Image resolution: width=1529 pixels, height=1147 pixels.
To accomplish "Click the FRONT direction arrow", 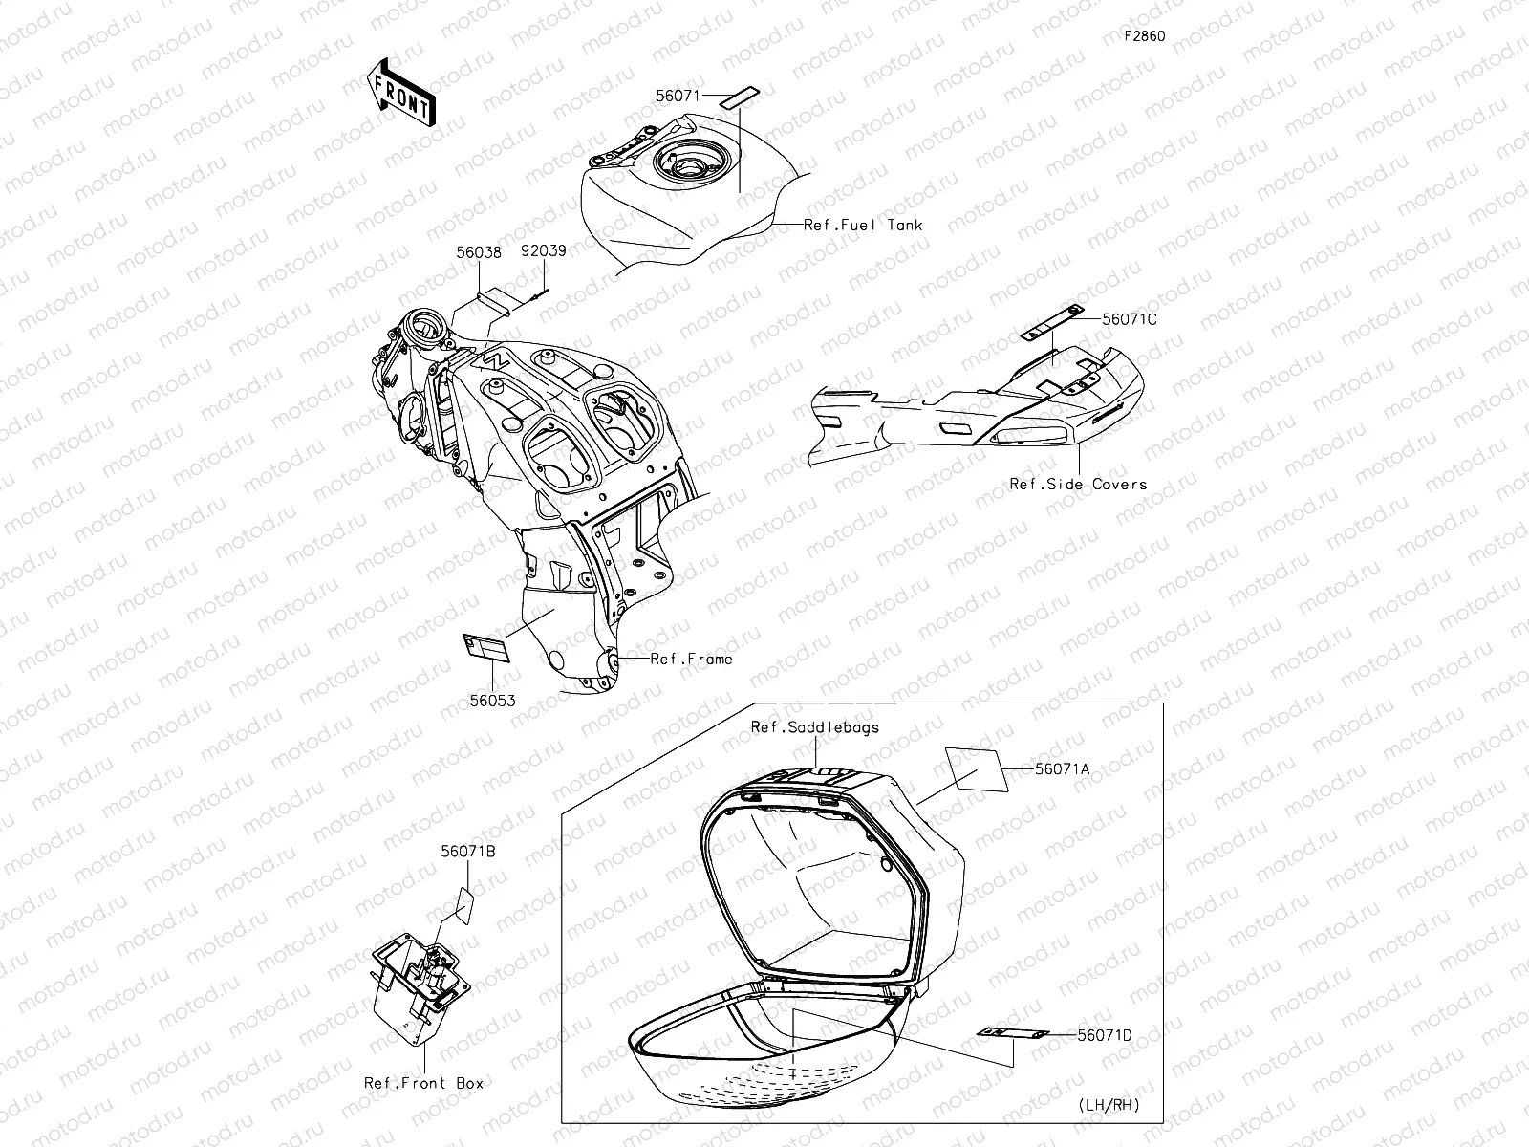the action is pyautogui.click(x=401, y=93).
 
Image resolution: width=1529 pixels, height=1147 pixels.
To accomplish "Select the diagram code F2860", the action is pyautogui.click(x=1145, y=36).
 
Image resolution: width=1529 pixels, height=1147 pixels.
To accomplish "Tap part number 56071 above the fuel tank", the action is pyautogui.click(x=678, y=97).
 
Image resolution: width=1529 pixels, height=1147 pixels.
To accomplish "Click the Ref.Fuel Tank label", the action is pyautogui.click(x=863, y=225).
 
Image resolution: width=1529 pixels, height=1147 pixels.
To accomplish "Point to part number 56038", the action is pyautogui.click(x=479, y=252).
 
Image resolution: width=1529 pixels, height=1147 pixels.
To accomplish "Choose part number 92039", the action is pyautogui.click(x=544, y=250).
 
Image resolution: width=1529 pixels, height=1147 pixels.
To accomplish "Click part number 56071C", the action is pyautogui.click(x=1130, y=319).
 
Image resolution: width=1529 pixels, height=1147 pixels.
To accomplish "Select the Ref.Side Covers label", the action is pyautogui.click(x=1078, y=484).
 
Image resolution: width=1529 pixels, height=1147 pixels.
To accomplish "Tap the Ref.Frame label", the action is pyautogui.click(x=691, y=659).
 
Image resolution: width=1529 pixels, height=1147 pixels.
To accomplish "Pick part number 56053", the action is pyautogui.click(x=492, y=701).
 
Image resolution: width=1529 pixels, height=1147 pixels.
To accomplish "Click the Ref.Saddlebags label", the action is pyautogui.click(x=815, y=727).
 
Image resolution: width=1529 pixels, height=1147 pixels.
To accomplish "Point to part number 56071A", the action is pyautogui.click(x=1063, y=768).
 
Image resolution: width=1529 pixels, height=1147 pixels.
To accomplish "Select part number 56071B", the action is pyautogui.click(x=468, y=851).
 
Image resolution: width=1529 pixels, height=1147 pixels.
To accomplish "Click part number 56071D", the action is pyautogui.click(x=1105, y=1035).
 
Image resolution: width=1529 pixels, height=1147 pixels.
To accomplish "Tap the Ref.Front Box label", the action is pyautogui.click(x=423, y=1083).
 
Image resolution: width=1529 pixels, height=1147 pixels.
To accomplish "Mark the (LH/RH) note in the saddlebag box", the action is pyautogui.click(x=1109, y=1105).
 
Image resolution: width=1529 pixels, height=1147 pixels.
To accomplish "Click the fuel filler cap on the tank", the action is pyautogui.click(x=690, y=165).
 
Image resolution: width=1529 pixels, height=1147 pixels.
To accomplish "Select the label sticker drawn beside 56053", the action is pyautogui.click(x=486, y=648).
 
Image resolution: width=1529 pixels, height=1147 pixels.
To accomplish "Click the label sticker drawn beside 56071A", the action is pyautogui.click(x=977, y=769).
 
